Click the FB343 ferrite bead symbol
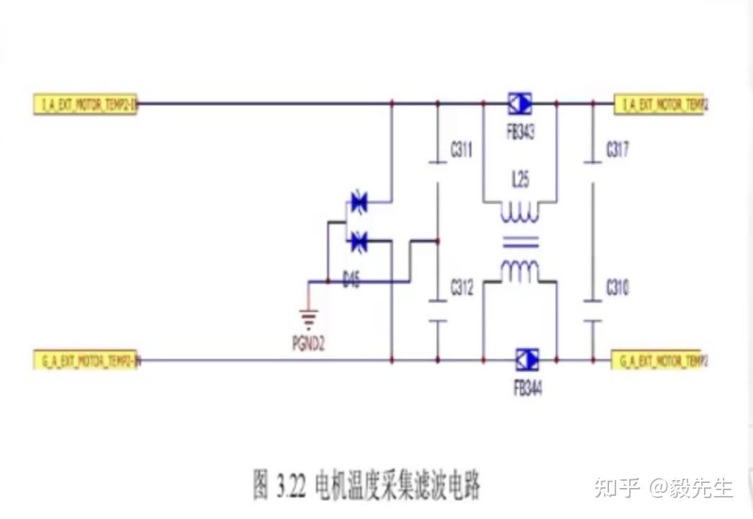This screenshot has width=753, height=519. click(x=520, y=104)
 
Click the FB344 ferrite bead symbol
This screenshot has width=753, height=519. click(x=527, y=359)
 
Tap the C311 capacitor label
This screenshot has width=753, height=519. click(x=461, y=151)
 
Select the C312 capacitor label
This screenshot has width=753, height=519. click(x=461, y=289)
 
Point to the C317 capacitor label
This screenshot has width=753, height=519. click(x=617, y=150)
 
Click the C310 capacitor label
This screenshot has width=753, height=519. click(x=617, y=288)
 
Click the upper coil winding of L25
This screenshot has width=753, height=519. click(x=519, y=213)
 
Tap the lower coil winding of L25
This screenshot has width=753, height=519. click(x=519, y=271)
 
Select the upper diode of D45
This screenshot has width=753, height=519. click(x=358, y=203)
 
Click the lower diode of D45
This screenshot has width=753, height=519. click(x=358, y=242)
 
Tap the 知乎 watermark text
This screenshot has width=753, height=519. click(x=617, y=487)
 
